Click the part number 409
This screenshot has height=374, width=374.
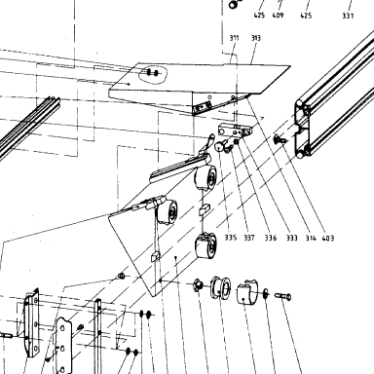coord(278,16)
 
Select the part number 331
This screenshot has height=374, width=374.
coord(348,16)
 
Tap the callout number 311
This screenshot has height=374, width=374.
coord(234,38)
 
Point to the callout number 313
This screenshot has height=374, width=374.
coord(256,38)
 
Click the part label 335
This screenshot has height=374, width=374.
coord(231,238)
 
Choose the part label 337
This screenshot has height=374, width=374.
coord(249,238)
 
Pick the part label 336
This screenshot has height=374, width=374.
coord(271,238)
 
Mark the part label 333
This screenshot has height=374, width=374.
coord(292,238)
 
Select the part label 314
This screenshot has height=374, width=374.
coord(311,238)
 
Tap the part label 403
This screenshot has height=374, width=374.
coord(328,239)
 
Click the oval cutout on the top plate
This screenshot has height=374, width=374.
coord(153,75)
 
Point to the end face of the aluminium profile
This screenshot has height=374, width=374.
coord(303,130)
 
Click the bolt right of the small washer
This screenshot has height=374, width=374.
coord(283,296)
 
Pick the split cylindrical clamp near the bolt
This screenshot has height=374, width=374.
coord(247,291)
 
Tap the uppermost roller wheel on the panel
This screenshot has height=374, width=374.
coord(206,177)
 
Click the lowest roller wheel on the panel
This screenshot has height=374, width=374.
coord(206,245)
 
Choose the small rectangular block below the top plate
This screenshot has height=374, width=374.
coord(235,131)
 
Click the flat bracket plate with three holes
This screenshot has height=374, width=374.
coord(63,345)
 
